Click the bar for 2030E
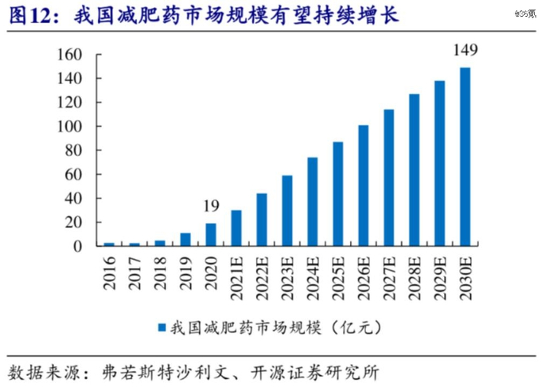point(465,157)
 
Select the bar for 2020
point(211,234)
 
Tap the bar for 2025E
point(338,194)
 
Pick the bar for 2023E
point(287,211)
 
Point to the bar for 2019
point(185,239)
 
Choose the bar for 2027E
point(389,177)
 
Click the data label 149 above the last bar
point(465,51)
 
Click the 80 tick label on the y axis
point(74,150)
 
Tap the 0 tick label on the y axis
point(78,246)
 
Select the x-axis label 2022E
point(262,274)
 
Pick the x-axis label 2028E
point(415,274)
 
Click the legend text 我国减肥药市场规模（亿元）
point(278,327)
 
